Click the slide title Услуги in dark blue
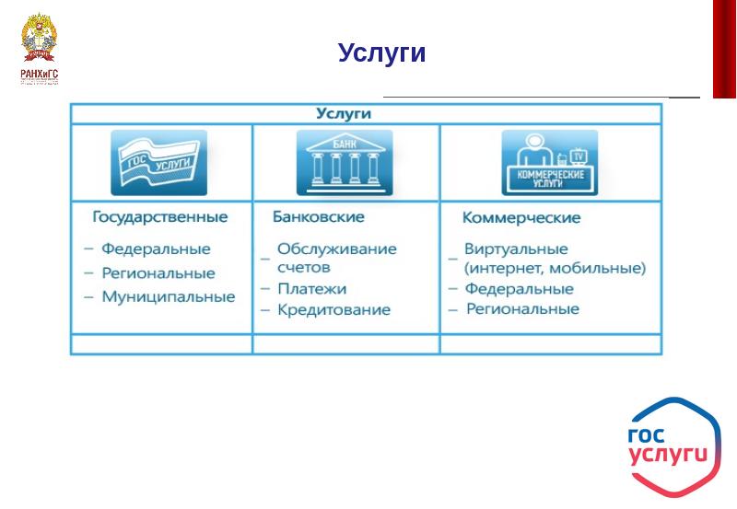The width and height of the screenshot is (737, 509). (x=381, y=53)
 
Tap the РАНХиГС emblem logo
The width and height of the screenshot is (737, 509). (x=39, y=50)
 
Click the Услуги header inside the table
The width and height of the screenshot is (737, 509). (x=343, y=114)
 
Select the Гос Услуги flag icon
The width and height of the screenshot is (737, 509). (x=158, y=163)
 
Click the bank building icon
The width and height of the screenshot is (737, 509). (x=344, y=163)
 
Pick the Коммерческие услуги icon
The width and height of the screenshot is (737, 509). (x=549, y=163)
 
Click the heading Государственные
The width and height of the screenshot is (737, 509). (x=160, y=217)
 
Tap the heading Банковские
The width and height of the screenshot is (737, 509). (x=319, y=217)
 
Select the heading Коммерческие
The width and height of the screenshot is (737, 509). (x=521, y=218)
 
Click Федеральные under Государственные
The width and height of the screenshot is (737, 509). (x=156, y=249)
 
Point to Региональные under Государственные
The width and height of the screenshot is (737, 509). (x=158, y=273)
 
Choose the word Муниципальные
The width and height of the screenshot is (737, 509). (x=168, y=297)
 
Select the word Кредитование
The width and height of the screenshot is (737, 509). (x=333, y=310)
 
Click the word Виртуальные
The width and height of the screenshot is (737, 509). (x=516, y=249)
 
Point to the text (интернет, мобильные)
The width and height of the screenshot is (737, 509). (x=555, y=269)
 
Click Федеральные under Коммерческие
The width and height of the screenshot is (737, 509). (x=519, y=289)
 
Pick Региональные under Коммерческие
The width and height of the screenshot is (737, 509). (x=522, y=309)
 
